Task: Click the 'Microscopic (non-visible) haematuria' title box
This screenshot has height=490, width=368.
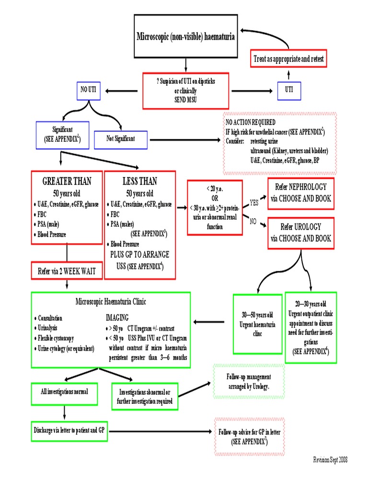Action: click(185, 37)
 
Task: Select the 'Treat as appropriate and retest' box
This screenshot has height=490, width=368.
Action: click(288, 59)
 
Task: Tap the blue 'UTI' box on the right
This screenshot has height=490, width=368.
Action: click(289, 90)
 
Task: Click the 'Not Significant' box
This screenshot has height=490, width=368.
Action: click(121, 139)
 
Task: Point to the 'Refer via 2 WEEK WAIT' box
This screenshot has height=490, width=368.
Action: click(67, 271)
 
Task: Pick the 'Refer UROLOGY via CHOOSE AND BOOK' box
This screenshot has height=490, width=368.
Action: click(300, 232)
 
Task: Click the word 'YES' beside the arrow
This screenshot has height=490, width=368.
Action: click(253, 203)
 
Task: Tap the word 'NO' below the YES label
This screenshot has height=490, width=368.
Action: click(253, 221)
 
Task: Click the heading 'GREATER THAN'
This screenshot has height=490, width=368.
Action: click(67, 182)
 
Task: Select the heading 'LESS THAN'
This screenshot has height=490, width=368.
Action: click(139, 182)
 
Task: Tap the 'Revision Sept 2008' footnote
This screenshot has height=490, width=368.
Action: click(330, 460)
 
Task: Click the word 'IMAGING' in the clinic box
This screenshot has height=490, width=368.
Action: click(117, 317)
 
